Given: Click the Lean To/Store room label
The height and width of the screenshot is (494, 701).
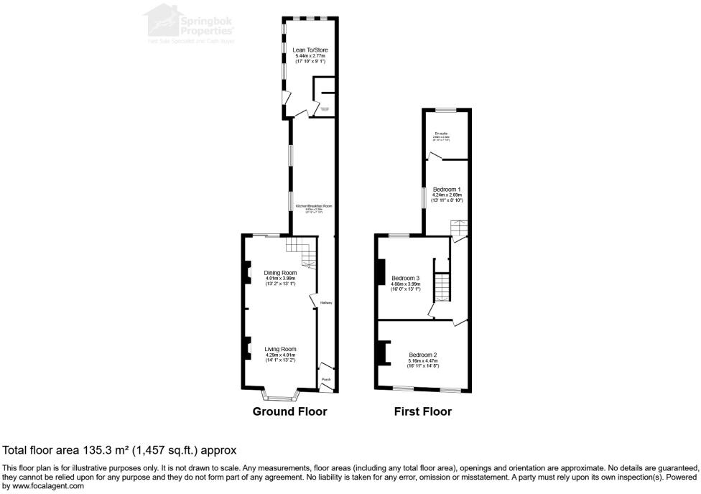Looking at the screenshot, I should tap(310, 50).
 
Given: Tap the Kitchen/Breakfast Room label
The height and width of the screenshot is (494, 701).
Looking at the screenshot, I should tap(314, 207).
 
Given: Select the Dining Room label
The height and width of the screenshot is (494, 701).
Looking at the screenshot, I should tap(280, 273).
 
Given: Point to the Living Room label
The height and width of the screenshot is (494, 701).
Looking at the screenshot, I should tap(280, 349).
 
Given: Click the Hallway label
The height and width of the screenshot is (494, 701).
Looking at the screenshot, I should tap(326, 303).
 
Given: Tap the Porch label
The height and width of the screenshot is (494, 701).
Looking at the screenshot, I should tap(325, 379).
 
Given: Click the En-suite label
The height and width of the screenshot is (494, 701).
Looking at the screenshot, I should tap(440, 134).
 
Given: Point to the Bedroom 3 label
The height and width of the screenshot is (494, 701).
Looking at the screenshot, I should tap(405, 278).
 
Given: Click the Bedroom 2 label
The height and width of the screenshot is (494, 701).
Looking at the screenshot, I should tap(423, 355).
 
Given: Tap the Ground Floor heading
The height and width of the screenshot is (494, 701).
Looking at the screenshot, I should tap(289, 411).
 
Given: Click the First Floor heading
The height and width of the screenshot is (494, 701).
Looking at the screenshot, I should tap(422, 411).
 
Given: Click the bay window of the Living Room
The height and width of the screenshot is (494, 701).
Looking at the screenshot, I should tap(280, 395).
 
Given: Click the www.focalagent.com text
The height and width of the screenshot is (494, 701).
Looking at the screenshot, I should tap(44, 486).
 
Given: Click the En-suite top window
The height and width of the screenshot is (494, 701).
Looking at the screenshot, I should tap(445, 110).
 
